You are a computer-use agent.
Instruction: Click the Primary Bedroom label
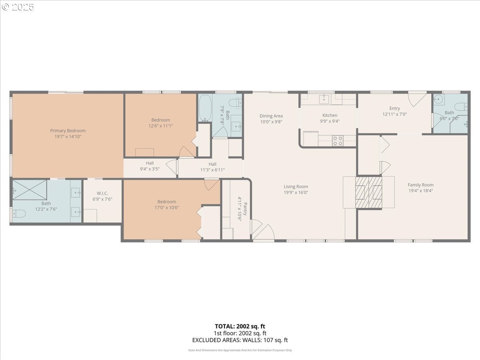[x=68, y=131]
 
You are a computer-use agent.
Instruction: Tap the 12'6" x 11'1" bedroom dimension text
[x=160, y=126]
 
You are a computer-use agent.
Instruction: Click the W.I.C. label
[x=102, y=193]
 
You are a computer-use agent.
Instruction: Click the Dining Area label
[x=271, y=116]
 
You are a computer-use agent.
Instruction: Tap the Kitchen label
[x=330, y=115]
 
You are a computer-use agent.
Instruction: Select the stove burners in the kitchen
[x=338, y=140]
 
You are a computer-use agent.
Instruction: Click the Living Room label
[x=296, y=186]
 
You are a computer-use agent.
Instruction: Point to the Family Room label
[x=420, y=185]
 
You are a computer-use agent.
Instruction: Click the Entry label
[x=394, y=108]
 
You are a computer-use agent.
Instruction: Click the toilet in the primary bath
[x=18, y=214]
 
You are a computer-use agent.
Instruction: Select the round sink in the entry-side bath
[x=439, y=100]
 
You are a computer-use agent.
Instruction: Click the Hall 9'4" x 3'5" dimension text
[x=150, y=169]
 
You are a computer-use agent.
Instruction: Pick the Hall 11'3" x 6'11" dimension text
[x=212, y=170]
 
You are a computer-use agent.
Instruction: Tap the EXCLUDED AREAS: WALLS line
[x=240, y=340]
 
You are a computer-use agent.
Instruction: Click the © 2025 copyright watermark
[x=18, y=7]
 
